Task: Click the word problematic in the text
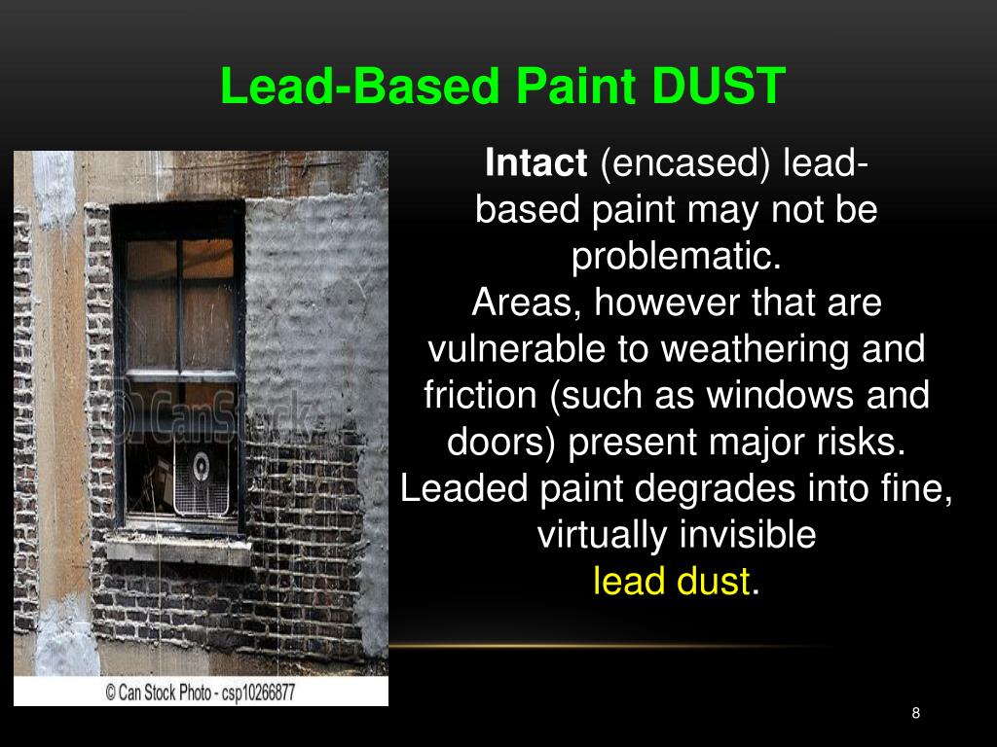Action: tap(677, 257)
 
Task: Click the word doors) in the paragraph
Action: tap(501, 443)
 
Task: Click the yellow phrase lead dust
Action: tap(672, 582)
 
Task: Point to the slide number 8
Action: tap(915, 714)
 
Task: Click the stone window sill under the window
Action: tap(175, 547)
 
